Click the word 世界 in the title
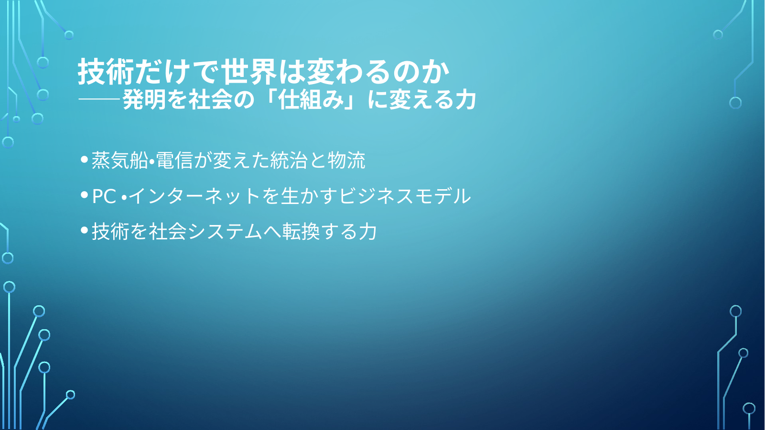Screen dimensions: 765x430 (x=248, y=72)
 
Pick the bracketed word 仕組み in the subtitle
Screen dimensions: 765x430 (x=311, y=100)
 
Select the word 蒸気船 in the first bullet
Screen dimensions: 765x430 (x=119, y=160)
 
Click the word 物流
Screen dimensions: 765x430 (x=346, y=160)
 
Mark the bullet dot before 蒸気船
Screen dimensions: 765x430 (x=84, y=159)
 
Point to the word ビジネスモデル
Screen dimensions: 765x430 (x=405, y=196)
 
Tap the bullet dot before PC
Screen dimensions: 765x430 (x=84, y=194)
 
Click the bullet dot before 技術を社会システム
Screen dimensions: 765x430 (x=84, y=230)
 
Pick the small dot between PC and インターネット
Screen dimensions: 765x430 (x=124, y=197)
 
